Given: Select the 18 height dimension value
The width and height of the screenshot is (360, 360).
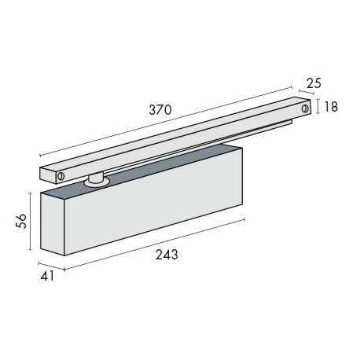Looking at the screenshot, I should click(331, 107).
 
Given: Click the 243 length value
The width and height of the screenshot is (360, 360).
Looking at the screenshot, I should click(167, 254).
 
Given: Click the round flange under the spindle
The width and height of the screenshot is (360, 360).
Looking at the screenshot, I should click(97, 184).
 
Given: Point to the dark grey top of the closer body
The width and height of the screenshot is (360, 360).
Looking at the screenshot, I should click(157, 169).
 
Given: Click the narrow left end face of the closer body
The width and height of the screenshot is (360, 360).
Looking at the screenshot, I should click(51, 227).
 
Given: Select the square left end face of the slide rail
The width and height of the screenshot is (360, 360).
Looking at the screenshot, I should click(47, 171).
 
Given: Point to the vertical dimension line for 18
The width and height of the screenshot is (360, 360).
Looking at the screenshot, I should click(317, 107).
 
